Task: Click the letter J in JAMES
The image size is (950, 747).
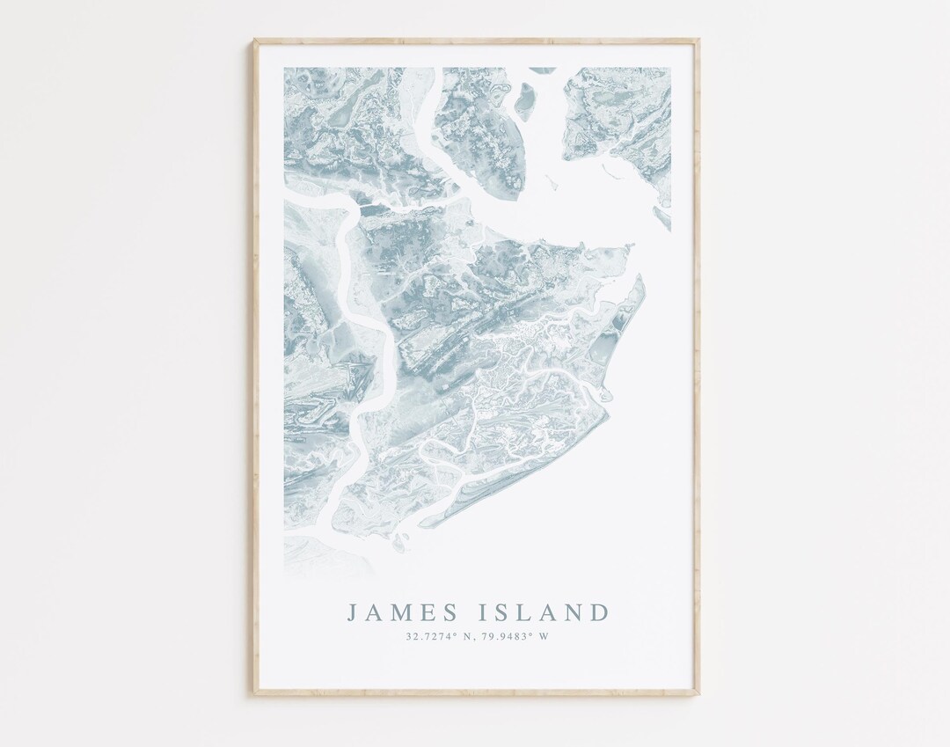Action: (352, 612)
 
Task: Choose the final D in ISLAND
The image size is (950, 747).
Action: (598, 612)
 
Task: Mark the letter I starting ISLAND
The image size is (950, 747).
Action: (481, 612)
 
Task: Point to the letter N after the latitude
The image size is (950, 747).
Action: (471, 637)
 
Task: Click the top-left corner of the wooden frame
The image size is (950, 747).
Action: (255, 40)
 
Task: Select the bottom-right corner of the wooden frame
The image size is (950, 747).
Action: (698, 695)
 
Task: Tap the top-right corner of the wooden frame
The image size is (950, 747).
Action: (698, 40)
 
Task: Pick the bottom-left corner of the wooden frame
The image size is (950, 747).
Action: (255, 695)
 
